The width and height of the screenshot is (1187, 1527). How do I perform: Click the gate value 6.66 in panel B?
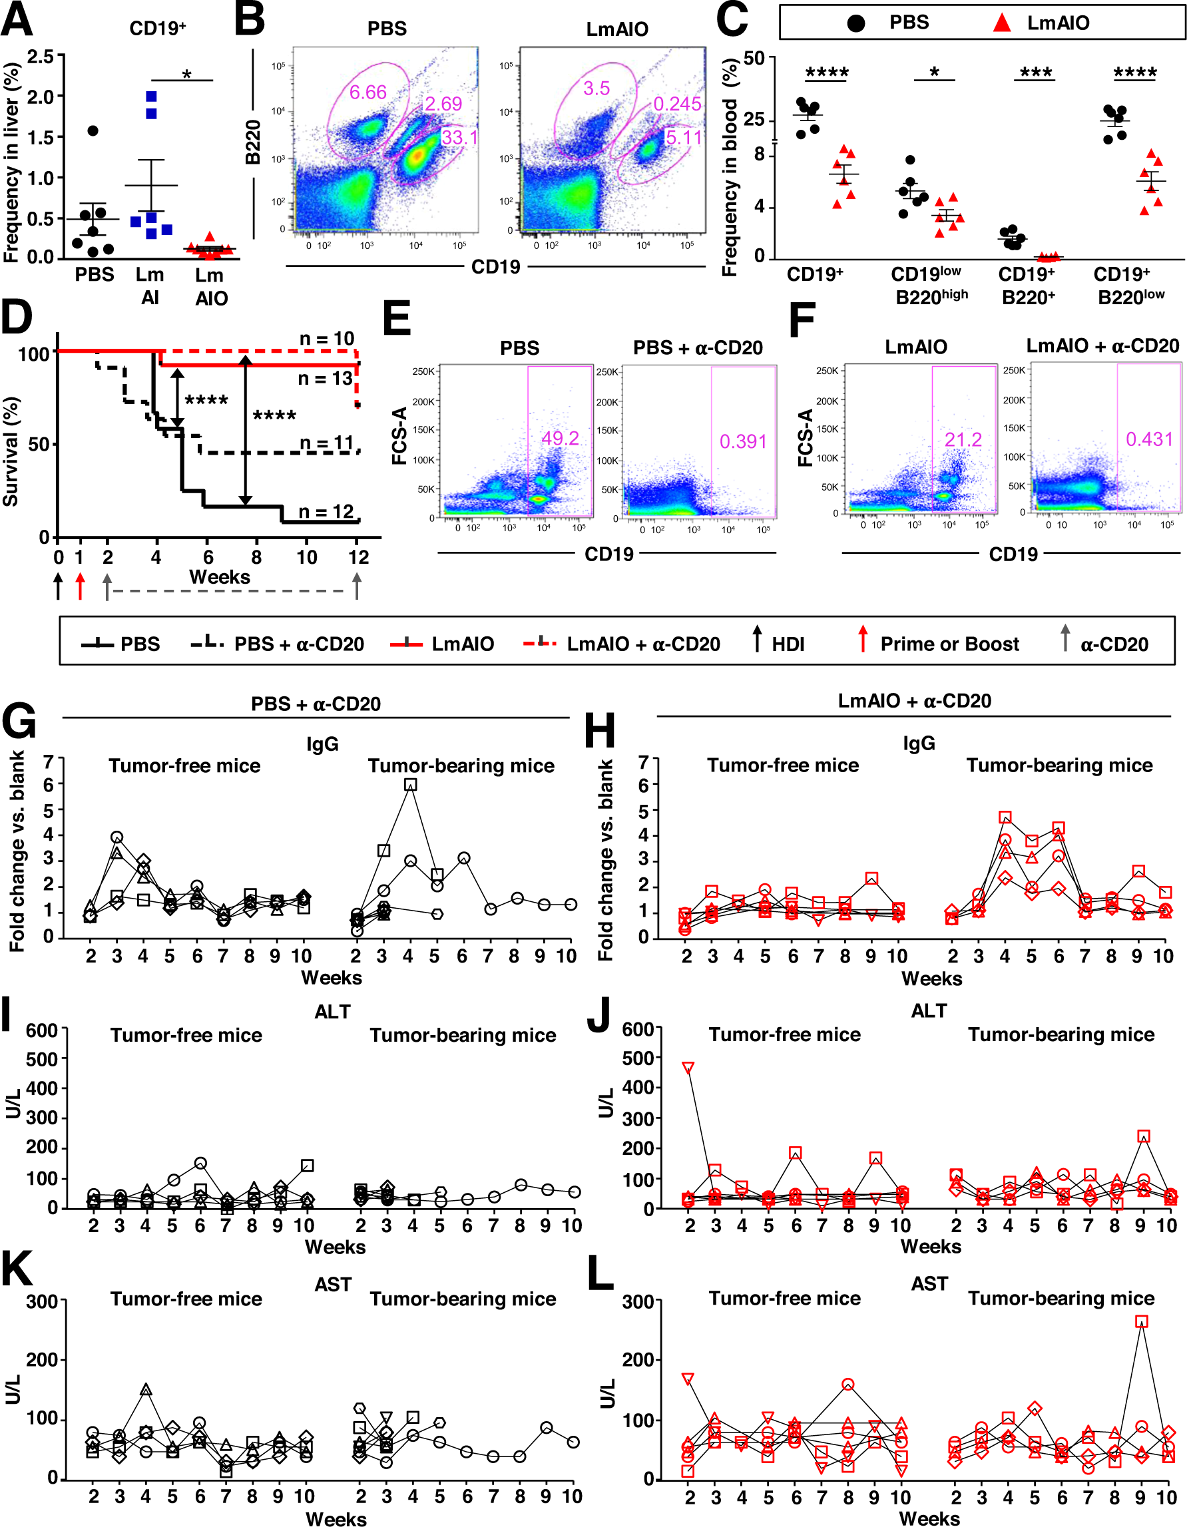(x=367, y=93)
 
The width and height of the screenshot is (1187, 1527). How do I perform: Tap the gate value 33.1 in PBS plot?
(x=459, y=137)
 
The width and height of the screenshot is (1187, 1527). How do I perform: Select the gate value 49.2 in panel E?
(x=560, y=439)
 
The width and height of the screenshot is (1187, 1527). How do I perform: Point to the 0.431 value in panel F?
(x=1148, y=439)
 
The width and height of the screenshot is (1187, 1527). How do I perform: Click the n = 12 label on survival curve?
(x=326, y=512)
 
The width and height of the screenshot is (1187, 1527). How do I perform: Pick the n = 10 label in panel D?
(x=326, y=339)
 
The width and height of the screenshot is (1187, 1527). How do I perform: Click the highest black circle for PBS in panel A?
(x=93, y=130)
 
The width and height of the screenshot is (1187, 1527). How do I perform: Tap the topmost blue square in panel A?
(x=152, y=97)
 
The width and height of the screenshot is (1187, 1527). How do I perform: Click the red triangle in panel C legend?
(x=1002, y=23)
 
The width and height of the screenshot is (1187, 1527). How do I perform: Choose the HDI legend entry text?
(x=788, y=644)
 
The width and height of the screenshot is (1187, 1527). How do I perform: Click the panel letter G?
(x=19, y=722)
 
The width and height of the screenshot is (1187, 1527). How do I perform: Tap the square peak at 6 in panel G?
(x=410, y=785)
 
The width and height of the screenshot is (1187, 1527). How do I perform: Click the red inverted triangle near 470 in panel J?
(x=688, y=1068)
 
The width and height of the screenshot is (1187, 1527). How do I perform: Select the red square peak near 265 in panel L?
(x=1142, y=1321)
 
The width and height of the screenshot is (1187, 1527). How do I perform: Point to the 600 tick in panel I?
(x=41, y=1030)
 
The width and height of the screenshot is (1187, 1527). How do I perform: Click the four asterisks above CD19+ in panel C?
(x=827, y=73)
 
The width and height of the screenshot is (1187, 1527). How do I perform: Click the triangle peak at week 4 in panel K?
(x=146, y=1389)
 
